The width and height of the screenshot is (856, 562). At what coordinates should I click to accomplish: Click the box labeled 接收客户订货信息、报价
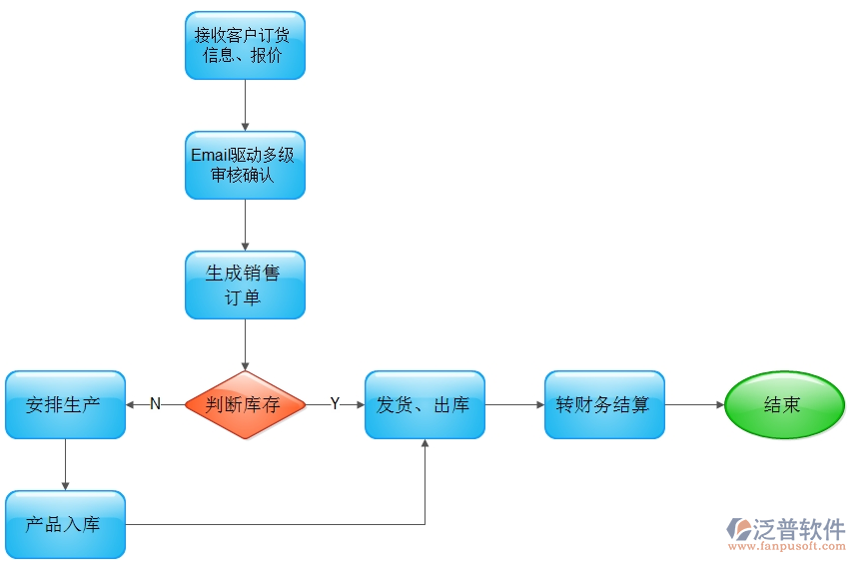245,45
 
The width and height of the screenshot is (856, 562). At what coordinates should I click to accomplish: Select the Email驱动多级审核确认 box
245,165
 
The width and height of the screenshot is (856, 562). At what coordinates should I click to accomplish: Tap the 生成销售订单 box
245,284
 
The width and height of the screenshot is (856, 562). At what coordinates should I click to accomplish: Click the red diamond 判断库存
245,404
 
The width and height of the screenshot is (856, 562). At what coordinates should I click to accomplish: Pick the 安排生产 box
65,404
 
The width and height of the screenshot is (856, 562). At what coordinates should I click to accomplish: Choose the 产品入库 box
65,524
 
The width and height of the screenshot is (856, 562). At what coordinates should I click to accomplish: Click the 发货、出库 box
425,404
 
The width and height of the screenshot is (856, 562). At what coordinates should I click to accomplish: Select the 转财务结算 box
604,404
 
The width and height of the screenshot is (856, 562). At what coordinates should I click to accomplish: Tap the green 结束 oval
784,404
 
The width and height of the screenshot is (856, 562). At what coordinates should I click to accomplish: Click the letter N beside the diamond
155,403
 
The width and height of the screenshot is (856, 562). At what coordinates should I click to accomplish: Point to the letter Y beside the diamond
335,403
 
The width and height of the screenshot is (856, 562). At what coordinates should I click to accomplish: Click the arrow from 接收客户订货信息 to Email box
245,105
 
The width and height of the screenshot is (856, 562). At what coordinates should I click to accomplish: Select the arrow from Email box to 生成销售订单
245,225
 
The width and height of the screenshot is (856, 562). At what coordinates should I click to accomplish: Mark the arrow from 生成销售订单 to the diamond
245,344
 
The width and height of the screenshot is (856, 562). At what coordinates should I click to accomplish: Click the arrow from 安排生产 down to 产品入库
65,464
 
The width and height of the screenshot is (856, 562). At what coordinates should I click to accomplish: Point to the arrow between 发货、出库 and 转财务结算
514,404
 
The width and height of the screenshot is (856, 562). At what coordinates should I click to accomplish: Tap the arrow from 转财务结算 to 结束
694,404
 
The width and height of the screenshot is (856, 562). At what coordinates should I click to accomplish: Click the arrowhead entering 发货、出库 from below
425,445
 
